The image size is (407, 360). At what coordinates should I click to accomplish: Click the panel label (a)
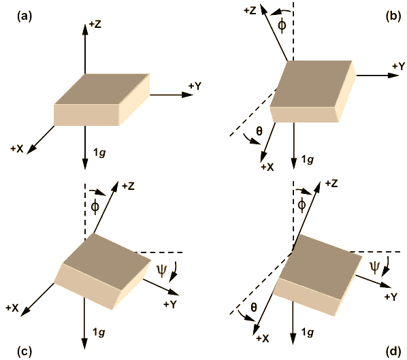pyautogui.click(x=25, y=16)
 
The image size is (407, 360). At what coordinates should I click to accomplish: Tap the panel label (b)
pyautogui.click(x=393, y=16)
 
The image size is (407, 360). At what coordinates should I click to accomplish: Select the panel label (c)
pyautogui.click(x=25, y=351)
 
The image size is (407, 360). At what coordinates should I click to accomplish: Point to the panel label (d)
pyautogui.click(x=393, y=351)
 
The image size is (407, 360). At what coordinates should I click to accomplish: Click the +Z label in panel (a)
pyautogui.click(x=95, y=24)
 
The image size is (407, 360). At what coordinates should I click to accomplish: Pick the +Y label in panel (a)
pyautogui.click(x=195, y=86)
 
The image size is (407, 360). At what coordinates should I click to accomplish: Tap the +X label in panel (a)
pyautogui.click(x=17, y=149)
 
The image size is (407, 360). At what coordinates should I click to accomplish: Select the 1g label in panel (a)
pyautogui.click(x=99, y=153)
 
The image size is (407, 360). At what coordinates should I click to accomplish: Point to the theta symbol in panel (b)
pyautogui.click(x=259, y=131)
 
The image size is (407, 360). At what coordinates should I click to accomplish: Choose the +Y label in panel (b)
pyautogui.click(x=398, y=66)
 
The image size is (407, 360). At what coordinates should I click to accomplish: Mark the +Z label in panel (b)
pyautogui.click(x=250, y=11)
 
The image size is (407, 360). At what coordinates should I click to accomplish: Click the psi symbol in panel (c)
pyautogui.click(x=161, y=271)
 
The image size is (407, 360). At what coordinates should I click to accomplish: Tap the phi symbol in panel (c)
pyautogui.click(x=95, y=207)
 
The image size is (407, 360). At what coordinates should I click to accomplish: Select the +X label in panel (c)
pyautogui.click(x=12, y=308)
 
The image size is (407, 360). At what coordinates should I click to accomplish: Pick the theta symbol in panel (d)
pyautogui.click(x=254, y=308)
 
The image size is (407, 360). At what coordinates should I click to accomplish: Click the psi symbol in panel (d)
pyautogui.click(x=375, y=267)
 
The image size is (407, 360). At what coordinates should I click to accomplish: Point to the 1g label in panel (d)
pyautogui.click(x=308, y=332)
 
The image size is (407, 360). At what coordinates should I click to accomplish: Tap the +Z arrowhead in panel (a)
pyautogui.click(x=85, y=29)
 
